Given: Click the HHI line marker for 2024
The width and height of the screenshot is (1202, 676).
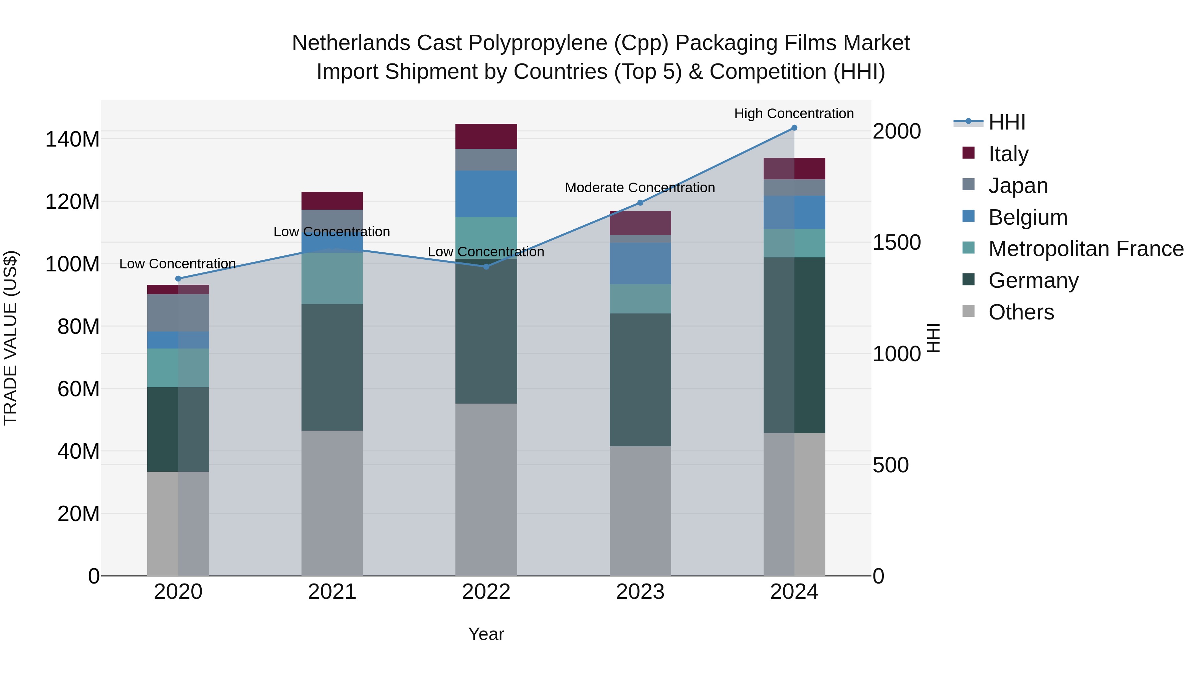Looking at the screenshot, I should tap(794, 128).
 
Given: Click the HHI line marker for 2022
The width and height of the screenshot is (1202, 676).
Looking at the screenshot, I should tap(486, 266).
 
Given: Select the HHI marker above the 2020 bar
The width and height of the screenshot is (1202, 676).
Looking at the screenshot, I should tap(178, 278).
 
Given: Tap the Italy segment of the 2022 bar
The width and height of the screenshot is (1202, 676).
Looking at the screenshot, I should tap(486, 136).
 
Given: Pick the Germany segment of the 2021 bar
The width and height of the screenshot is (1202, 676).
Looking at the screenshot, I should tap(332, 367).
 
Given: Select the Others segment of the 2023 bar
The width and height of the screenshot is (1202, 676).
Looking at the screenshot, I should tap(640, 511).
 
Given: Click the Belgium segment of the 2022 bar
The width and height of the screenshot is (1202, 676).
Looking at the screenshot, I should tap(486, 194).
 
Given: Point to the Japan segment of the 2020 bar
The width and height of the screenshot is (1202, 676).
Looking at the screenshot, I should tap(178, 312).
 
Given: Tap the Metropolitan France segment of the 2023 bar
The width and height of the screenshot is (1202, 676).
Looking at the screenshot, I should tap(640, 298).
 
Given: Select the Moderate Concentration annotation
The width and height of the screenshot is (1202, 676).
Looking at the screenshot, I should tap(640, 188).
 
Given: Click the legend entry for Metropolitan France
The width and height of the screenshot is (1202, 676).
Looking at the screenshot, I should tap(1086, 249).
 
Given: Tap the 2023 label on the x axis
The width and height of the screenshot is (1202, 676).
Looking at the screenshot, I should tap(640, 592).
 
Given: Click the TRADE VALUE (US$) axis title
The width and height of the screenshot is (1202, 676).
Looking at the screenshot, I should tap(10, 338).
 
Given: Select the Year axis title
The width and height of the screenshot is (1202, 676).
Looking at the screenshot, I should tap(486, 634).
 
